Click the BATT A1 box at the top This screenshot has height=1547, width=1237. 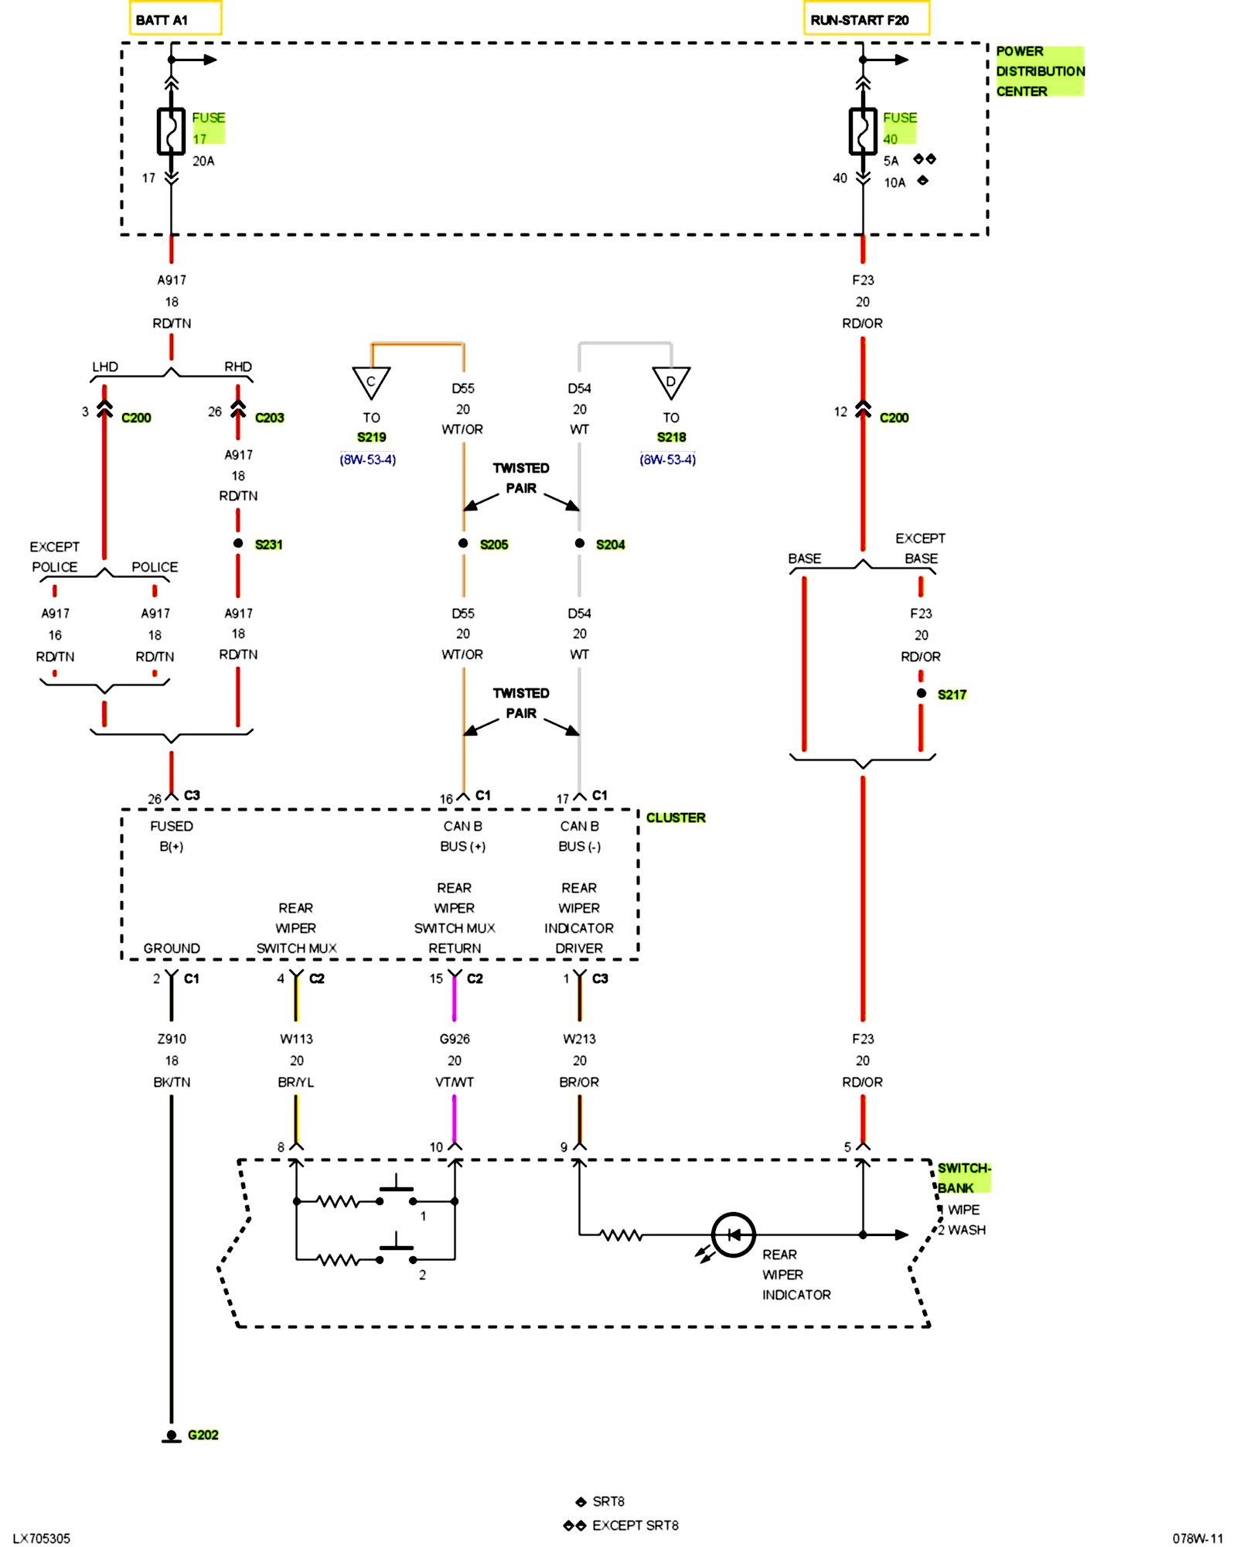(175, 19)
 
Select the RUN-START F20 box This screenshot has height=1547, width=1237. (866, 19)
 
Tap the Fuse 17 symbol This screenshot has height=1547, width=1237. (172, 131)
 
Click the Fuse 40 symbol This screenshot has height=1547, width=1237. (863, 131)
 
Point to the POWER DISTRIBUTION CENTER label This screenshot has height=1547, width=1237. (1038, 71)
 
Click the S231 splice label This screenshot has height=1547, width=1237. (268, 545)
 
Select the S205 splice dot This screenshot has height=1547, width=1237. (463, 543)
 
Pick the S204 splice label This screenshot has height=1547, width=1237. (610, 545)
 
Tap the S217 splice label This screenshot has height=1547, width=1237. (952, 695)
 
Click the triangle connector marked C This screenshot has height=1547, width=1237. (371, 382)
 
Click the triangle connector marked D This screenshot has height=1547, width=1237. (670, 382)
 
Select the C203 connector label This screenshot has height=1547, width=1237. (269, 418)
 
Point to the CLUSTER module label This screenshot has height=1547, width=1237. (675, 818)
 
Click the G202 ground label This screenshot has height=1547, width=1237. (203, 1435)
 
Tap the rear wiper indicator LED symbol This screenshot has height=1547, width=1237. (732, 1235)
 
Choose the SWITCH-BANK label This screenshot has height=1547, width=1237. (963, 1177)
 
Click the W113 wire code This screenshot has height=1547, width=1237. (296, 1039)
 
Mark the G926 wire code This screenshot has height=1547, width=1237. (455, 1039)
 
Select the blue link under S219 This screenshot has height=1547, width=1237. (367, 459)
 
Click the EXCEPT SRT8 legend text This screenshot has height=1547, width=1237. (635, 1525)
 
